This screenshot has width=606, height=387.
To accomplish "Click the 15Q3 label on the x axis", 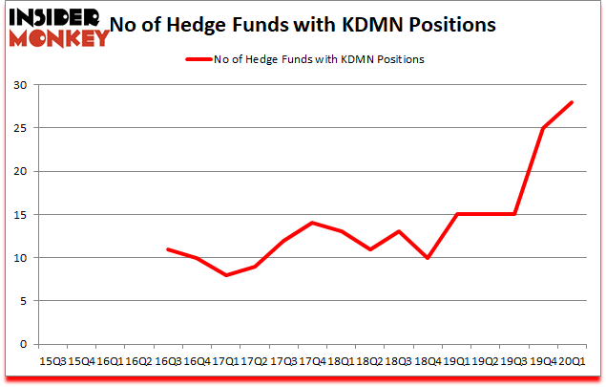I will click(53, 362).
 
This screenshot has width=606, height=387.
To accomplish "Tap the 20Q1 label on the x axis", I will click(573, 362).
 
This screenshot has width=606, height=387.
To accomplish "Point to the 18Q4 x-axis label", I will click(428, 362).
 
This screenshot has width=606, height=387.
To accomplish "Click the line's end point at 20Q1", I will click(573, 103).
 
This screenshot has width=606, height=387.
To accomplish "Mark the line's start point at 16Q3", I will click(168, 249).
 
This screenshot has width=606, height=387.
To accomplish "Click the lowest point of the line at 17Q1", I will click(226, 275).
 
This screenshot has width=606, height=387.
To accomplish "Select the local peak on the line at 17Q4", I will click(312, 224).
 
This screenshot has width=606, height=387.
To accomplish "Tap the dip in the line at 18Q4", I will click(428, 258).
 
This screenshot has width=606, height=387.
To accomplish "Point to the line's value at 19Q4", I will click(543, 129).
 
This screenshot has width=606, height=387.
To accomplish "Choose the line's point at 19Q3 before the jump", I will click(514, 215).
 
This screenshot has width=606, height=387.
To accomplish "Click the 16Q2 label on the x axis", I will click(139, 362).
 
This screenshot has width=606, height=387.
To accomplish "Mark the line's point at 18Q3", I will click(399, 232).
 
